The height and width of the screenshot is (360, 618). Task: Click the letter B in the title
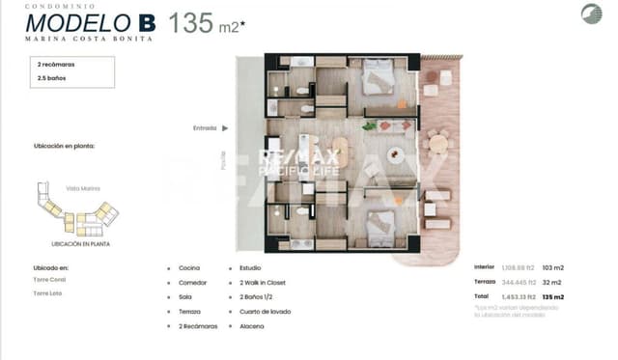point(146,22)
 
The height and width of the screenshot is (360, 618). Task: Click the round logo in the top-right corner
point(591,14)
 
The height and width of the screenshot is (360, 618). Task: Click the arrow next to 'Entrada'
point(225,126)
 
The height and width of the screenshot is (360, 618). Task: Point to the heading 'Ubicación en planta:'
point(64,147)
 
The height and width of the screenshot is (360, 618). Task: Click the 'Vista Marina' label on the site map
point(84,188)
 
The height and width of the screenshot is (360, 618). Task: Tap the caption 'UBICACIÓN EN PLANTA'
point(80,244)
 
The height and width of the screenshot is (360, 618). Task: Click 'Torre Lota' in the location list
point(48,292)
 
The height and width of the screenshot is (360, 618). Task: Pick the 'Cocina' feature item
point(189,268)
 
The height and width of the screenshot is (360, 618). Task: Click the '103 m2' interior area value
point(552,266)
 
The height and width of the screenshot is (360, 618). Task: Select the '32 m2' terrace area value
point(551,282)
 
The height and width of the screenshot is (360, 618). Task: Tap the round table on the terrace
point(438,143)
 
